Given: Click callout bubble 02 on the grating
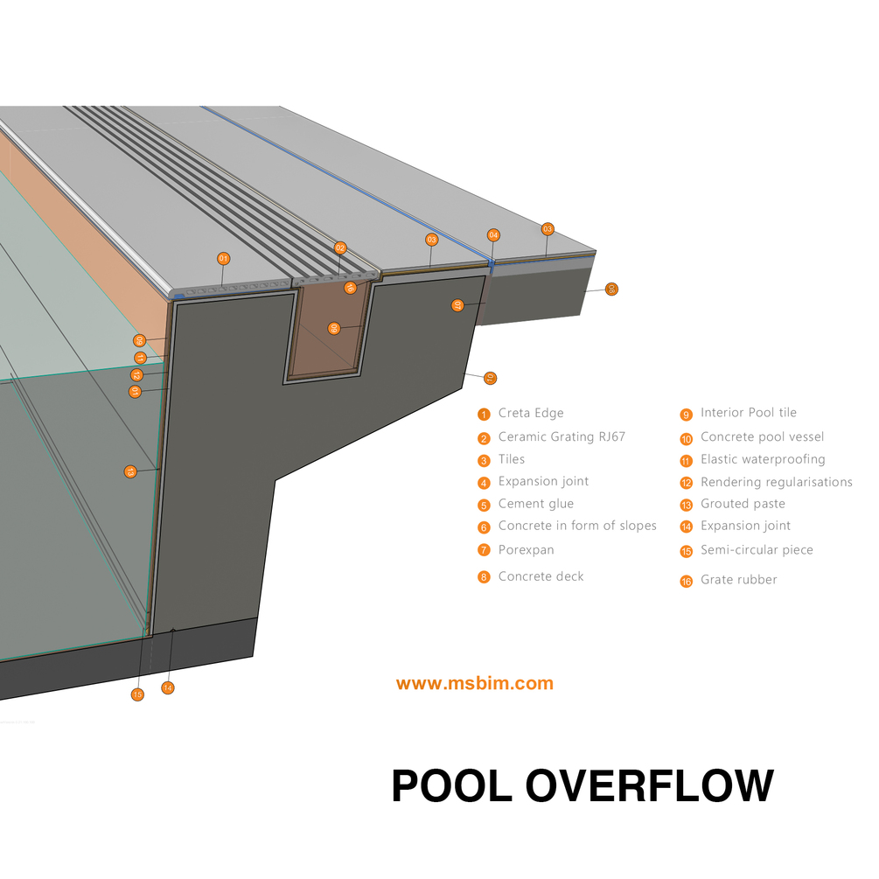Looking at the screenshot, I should point(340,248).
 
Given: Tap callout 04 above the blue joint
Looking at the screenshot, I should point(493,235).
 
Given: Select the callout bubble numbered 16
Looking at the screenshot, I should point(350,287).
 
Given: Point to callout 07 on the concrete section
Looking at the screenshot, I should point(457,305).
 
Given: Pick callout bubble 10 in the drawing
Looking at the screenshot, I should point(490,378).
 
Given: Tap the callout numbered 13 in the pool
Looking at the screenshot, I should point(130,471).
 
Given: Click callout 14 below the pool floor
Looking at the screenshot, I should point(168,688).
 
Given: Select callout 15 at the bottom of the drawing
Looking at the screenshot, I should point(137,694).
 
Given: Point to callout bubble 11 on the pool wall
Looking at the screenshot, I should point(140,358).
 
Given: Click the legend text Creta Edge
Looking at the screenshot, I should point(531,413).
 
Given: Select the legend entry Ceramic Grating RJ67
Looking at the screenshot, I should point(562,436).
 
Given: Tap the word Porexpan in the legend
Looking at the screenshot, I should point(526,549).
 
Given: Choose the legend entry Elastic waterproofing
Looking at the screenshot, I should point(762,459).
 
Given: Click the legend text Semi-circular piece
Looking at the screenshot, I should point(757,550).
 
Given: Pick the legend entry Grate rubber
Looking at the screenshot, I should point(738,579).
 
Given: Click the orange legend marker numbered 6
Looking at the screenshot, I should point(484,527).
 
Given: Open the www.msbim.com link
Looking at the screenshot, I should point(474,684).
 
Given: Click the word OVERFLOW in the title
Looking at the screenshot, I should point(651,785).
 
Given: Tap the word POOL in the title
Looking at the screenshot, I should point(451,785).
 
